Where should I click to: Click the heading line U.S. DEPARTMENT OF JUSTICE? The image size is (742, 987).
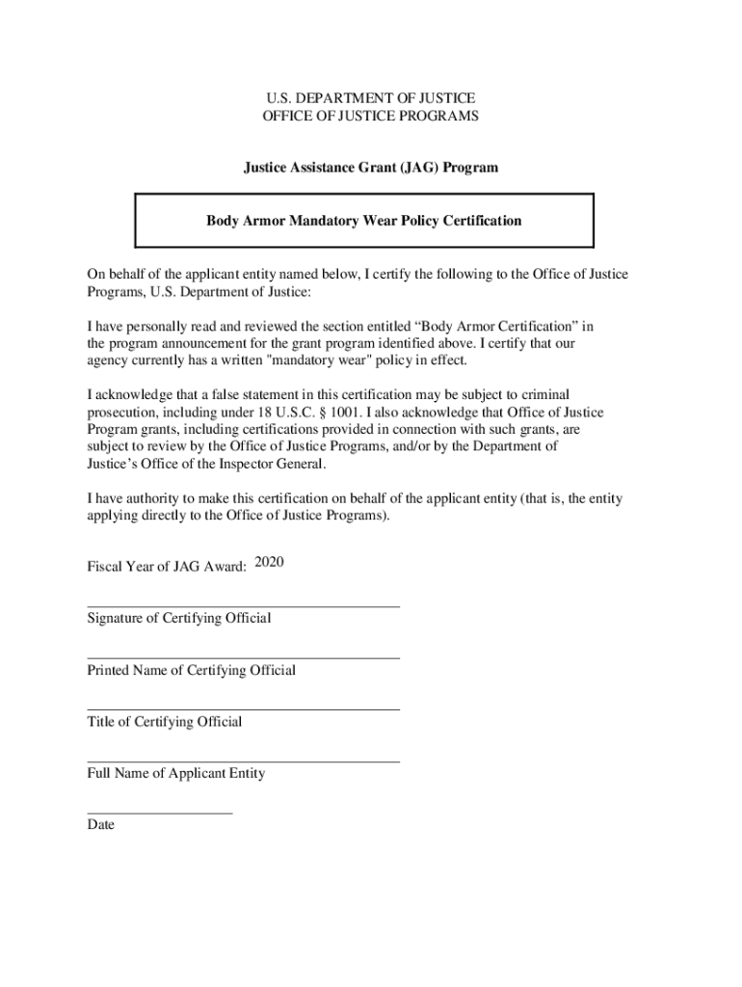370,98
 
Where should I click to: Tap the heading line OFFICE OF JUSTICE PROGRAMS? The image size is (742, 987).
370,117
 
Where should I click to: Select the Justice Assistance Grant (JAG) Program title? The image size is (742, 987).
370,168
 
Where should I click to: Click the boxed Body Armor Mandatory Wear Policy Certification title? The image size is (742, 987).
364,221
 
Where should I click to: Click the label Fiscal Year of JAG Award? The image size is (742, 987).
167,567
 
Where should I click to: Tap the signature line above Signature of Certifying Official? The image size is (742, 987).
243,606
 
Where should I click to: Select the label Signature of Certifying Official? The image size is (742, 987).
178,618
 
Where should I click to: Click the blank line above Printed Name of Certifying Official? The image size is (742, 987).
243,658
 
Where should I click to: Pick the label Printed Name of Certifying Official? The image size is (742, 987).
191,670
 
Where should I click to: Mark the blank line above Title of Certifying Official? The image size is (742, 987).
243,709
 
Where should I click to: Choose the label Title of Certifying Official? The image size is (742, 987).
164,722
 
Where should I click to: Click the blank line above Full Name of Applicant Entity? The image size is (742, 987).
243,761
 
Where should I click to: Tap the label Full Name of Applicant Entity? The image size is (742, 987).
175,773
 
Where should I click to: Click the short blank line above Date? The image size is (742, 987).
159,814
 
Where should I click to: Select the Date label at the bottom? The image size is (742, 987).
100,825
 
